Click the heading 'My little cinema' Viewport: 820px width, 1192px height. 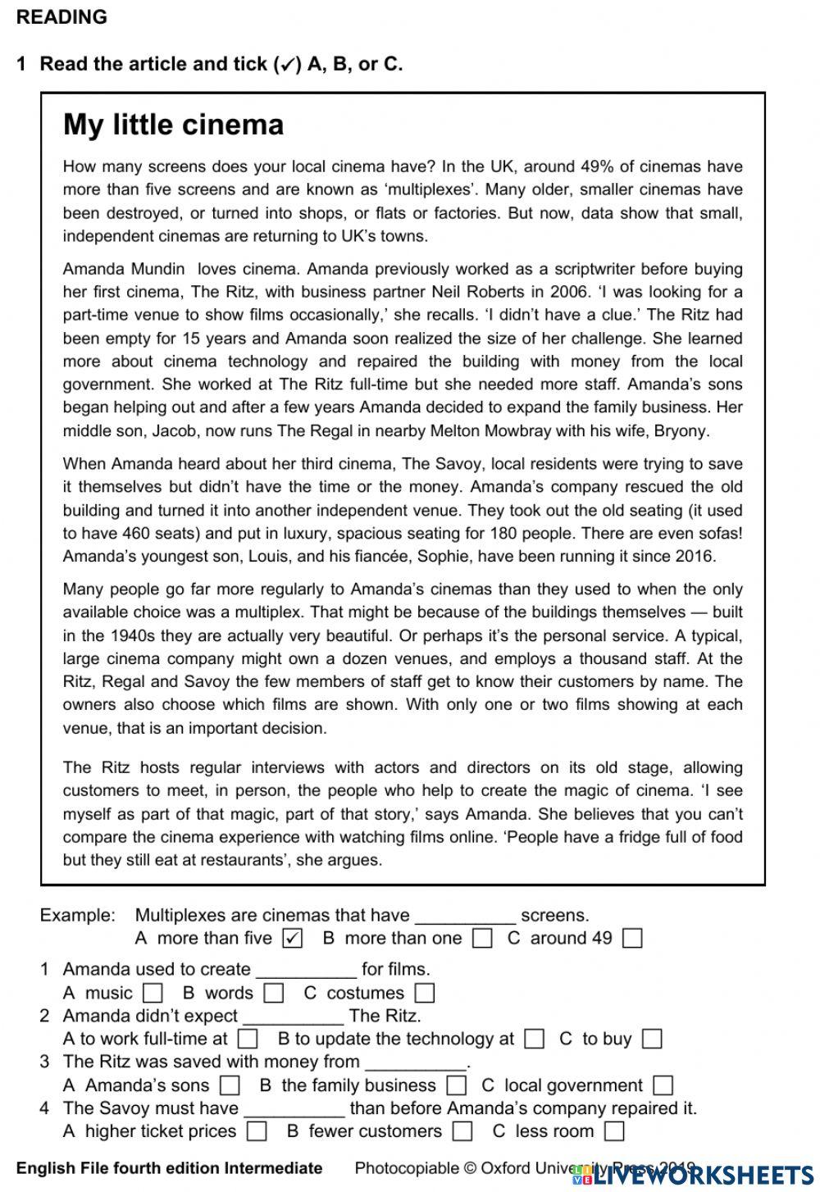tap(173, 125)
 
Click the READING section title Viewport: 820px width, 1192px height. tap(61, 17)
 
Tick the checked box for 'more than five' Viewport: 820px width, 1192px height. tap(292, 938)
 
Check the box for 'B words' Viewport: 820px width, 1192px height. tap(274, 993)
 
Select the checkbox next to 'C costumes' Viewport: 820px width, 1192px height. tap(424, 993)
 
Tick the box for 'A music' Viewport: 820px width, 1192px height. tap(153, 993)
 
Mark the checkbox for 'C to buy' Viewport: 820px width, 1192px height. tap(652, 1039)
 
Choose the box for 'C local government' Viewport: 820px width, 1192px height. tap(663, 1085)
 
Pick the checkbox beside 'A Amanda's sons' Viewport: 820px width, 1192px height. tap(230, 1085)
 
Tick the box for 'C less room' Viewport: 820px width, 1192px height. tap(614, 1131)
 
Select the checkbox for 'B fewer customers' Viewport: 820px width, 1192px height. tap(462, 1131)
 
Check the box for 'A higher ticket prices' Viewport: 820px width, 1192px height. tap(257, 1131)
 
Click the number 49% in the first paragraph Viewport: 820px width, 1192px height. tap(597, 166)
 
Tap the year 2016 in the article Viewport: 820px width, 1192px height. tap(695, 556)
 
